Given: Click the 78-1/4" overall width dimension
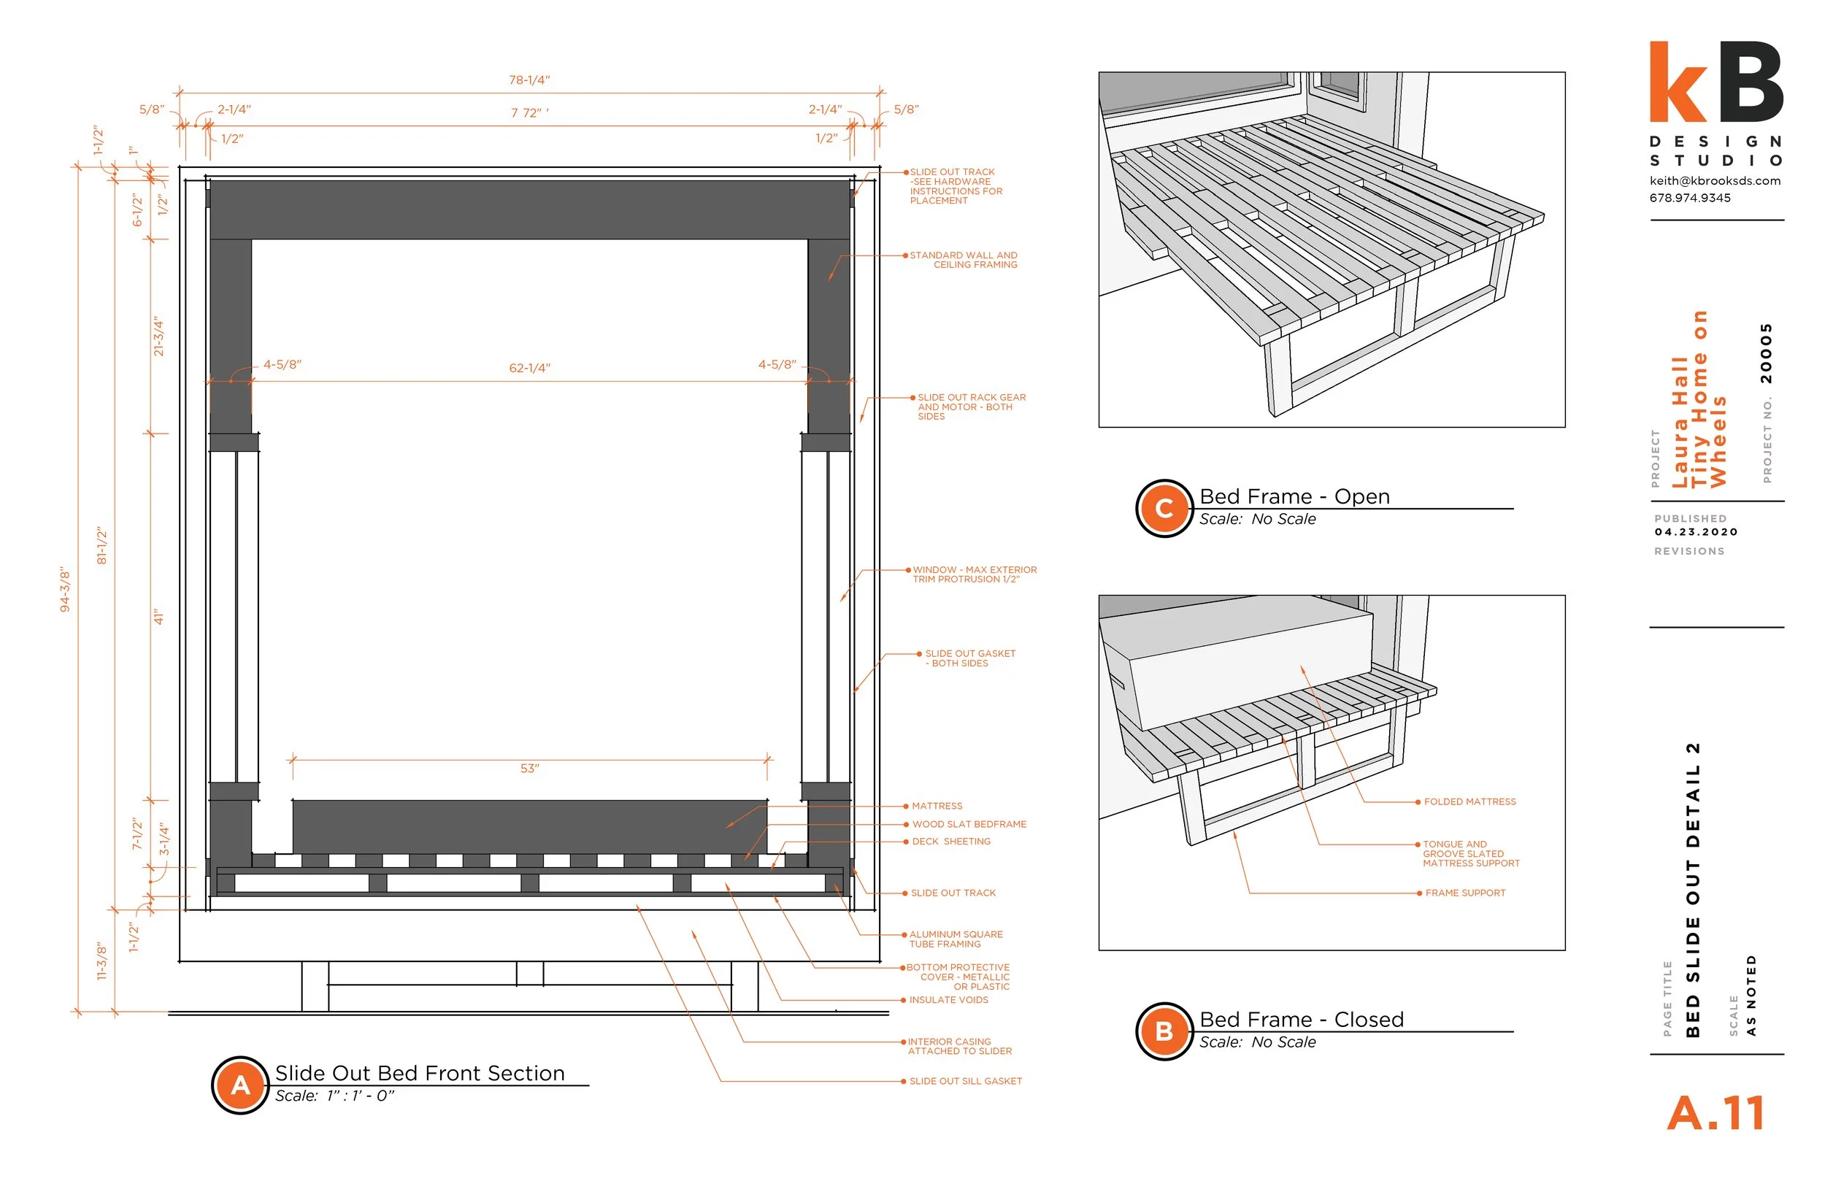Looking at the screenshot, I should click(529, 80).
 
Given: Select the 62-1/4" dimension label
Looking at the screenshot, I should click(529, 368).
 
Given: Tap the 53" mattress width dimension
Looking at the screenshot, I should click(529, 769).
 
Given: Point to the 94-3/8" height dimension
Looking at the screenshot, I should click(65, 590).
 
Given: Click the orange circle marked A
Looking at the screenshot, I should click(240, 1085).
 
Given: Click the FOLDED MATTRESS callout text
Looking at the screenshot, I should click(1469, 802).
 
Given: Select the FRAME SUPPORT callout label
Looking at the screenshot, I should click(1464, 893).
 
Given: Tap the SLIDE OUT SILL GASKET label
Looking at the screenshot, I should click(964, 1081).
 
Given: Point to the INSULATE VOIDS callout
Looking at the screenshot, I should click(948, 1000).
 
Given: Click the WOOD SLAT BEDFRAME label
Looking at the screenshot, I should click(969, 824).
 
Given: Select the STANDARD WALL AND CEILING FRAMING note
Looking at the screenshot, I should click(964, 260).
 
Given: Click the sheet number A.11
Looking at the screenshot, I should click(1716, 1114).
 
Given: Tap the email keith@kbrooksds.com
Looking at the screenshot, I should click(1715, 181).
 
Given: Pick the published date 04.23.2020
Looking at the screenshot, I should click(1695, 532).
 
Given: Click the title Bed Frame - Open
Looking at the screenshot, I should click(1294, 496).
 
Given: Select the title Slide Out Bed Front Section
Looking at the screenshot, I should click(420, 1073).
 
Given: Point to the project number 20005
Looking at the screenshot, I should click(1766, 353).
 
